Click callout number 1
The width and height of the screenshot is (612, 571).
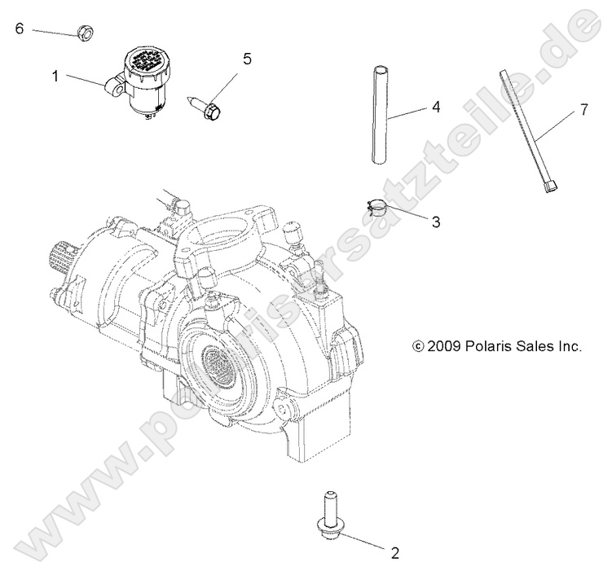(55, 77)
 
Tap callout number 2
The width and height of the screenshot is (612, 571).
(394, 554)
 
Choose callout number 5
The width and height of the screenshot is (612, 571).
(247, 59)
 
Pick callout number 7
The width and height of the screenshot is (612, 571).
(583, 110)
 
